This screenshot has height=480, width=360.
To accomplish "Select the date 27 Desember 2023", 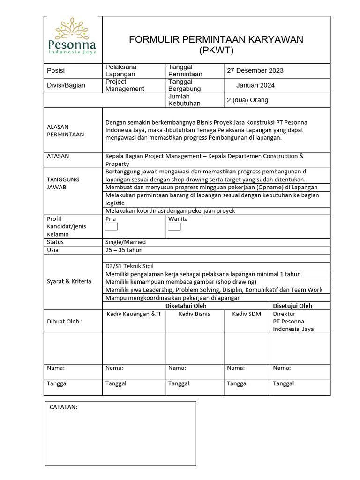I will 255,71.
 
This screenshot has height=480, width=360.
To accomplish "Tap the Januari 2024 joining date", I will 255,85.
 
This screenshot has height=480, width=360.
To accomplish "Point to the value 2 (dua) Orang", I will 247,100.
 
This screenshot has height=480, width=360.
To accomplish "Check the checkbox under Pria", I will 112,227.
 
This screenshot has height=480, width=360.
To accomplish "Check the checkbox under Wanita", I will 174,227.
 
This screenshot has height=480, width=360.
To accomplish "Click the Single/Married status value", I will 126,242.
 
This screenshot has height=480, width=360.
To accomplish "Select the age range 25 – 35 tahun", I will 124,250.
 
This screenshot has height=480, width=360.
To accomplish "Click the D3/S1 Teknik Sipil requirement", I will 129,266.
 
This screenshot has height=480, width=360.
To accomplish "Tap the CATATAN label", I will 63,407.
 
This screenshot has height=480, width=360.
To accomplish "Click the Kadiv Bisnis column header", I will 195,314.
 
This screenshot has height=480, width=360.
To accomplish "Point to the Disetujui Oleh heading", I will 292,306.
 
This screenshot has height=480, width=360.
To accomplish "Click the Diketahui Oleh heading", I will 186,306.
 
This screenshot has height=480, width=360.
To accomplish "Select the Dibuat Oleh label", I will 65,321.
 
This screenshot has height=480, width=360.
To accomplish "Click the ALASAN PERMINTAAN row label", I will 65,130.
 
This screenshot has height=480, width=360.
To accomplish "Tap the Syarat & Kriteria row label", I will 69,281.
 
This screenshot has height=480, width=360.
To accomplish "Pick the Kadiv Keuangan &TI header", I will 133,314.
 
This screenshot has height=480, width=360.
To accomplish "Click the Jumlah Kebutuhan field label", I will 184,100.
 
